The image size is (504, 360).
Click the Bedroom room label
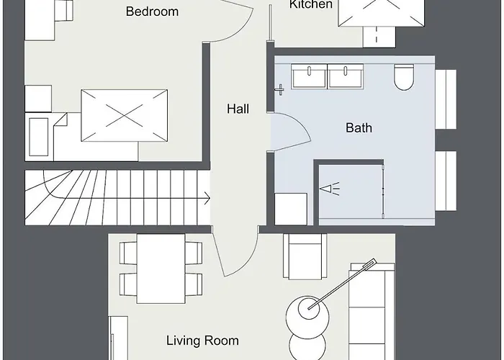coord(152,12)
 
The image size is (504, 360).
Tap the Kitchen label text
coord(311,5)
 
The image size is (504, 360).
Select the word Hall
coord(238,109)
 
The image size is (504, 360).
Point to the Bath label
coord(359,128)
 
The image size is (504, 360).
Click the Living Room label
coord(202,341)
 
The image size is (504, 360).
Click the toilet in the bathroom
coord(404,76)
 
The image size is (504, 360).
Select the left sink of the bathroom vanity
coord(309,76)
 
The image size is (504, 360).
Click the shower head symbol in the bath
coord(329,189)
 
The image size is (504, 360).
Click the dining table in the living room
coord(161,269)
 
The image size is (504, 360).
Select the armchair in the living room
coord(305,256)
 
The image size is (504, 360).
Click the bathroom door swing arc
coord(287,130)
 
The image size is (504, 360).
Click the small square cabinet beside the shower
coord(291,209)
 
